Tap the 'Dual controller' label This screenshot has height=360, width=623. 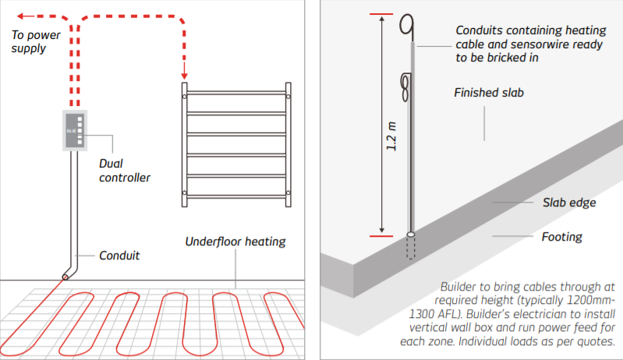(125, 171)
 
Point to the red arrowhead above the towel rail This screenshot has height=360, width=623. (185, 75)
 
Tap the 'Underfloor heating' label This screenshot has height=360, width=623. (235, 241)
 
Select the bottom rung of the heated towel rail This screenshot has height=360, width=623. (236, 195)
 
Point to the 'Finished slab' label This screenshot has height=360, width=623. (488, 93)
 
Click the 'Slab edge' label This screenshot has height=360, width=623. (569, 203)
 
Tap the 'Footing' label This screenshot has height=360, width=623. (562, 236)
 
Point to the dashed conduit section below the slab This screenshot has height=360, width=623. (411, 249)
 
